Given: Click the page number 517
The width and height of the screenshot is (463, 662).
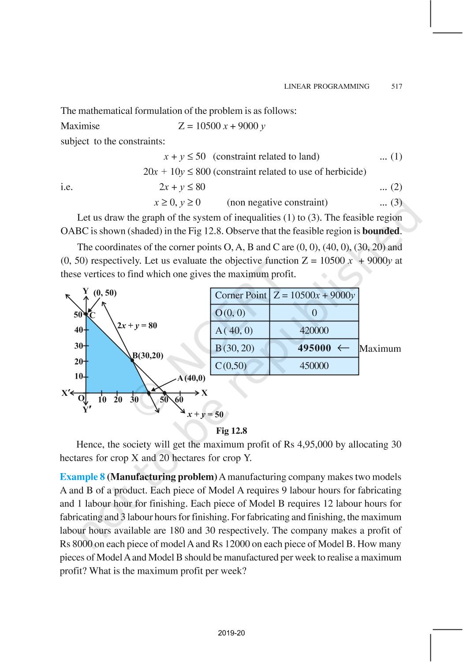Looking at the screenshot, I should pos(396,87).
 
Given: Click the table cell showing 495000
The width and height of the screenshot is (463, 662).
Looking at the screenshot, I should pos(314,348).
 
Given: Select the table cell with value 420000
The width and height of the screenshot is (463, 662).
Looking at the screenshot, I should pos(314,331).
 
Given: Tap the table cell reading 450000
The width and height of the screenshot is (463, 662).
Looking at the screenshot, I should pos(314,366).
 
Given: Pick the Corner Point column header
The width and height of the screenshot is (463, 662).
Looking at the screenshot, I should pos(240,295).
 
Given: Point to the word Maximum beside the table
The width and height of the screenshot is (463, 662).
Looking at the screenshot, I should pos(380,349).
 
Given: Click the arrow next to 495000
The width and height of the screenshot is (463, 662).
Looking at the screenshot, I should pos(343,348).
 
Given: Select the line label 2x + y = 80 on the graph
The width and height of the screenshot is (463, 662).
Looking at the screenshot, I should pos(137,326).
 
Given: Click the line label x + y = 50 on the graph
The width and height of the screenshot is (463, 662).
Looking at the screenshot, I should pos(205,414).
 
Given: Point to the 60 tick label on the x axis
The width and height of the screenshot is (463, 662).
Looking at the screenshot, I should pos(179,400).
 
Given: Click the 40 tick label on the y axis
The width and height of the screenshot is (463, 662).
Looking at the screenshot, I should pos(78,330).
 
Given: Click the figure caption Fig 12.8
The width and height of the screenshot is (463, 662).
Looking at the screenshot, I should pos(231,431).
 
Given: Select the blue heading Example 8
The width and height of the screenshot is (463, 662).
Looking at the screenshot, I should pos(82,477).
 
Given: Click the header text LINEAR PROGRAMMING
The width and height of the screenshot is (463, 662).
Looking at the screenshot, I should pos(327,87).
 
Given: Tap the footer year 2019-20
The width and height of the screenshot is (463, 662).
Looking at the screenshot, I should pos(231,633).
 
